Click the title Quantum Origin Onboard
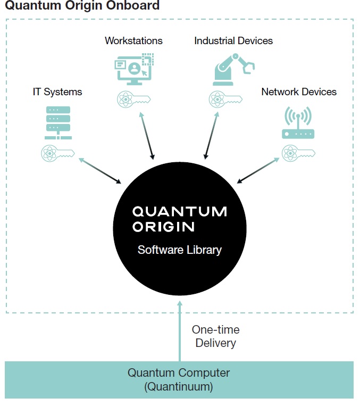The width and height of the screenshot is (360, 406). tap(82, 6)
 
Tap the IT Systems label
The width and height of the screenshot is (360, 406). tap(57, 92)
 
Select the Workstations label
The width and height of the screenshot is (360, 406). tap(133, 40)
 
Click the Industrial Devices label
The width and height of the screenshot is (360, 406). tap(233, 40)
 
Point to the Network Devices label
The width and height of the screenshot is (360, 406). tap(299, 92)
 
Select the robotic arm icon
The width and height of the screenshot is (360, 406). tap(233, 69)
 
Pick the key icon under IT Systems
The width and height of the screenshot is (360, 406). tap(58, 153)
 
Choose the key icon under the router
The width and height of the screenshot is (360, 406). tap(298, 153)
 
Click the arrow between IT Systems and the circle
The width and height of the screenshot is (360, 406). tap(99, 171)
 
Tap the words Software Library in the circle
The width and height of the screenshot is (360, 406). tap(179, 250)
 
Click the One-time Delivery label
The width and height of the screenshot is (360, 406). tap(215, 336)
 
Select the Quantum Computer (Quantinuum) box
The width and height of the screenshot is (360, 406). tap(179, 379)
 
